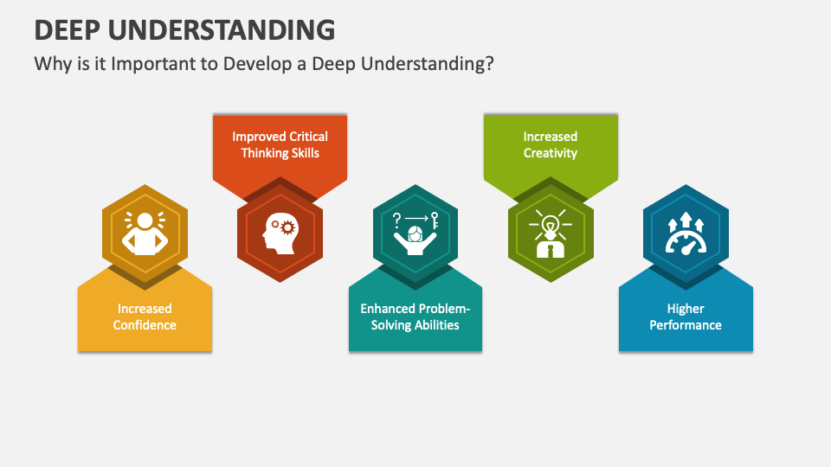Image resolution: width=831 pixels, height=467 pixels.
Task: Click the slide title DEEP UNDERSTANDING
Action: [x=184, y=29]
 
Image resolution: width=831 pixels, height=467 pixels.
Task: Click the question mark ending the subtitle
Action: [x=488, y=63]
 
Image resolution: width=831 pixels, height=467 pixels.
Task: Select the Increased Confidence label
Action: [x=145, y=317]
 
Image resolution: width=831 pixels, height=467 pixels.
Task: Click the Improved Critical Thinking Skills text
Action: [x=280, y=144]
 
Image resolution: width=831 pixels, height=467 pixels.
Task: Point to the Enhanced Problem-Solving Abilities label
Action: [x=415, y=317]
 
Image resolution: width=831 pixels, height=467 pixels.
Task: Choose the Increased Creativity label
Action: [x=551, y=144]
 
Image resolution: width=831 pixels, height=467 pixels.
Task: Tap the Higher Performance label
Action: [x=686, y=317]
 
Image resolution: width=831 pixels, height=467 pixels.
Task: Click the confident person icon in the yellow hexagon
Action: [x=145, y=233]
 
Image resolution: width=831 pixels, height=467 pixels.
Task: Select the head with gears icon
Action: [x=280, y=233]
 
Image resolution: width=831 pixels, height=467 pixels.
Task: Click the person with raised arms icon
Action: [x=415, y=233]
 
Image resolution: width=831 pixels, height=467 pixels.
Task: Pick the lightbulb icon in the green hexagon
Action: [x=551, y=233]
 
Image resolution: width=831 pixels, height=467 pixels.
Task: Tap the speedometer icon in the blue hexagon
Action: [x=686, y=233]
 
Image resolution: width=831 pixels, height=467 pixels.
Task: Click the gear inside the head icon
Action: [x=287, y=227]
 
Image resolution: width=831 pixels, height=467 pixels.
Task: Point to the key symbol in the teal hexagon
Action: [x=435, y=221]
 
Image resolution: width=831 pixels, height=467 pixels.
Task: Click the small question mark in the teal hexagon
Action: [x=396, y=220]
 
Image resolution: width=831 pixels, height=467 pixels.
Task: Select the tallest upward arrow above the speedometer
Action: [x=686, y=219]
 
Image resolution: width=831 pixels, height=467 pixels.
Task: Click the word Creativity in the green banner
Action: [x=551, y=153]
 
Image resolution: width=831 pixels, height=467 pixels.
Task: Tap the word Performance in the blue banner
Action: [x=686, y=324]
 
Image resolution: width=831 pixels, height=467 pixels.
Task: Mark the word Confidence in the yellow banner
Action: [x=145, y=324]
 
